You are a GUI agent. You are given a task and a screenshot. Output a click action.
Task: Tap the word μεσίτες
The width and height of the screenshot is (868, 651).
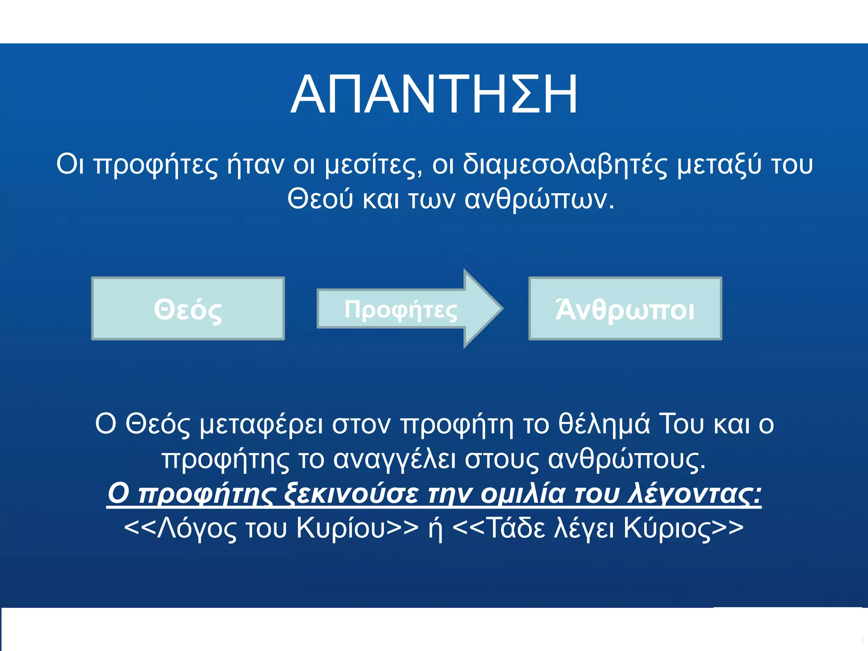click(373, 164)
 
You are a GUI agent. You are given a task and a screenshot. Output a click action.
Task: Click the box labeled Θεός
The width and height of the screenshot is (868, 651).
click(188, 309)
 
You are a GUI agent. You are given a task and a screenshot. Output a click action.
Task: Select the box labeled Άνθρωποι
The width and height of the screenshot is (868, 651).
click(625, 309)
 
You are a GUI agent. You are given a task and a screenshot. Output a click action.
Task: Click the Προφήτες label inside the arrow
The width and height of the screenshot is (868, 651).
click(401, 309)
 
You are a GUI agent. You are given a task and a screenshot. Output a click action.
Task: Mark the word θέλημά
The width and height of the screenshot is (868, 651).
click(604, 424)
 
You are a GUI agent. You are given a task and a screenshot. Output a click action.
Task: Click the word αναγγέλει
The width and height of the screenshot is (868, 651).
click(395, 459)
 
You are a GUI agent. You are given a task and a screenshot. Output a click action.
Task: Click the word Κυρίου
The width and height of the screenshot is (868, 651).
click(341, 528)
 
